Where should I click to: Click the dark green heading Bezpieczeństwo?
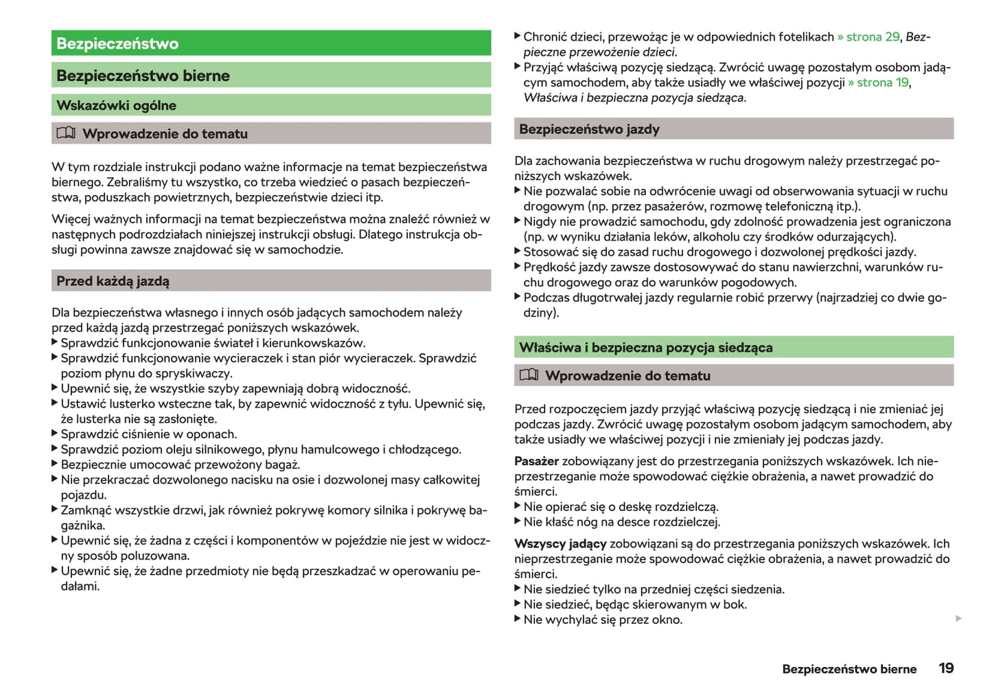[117, 43]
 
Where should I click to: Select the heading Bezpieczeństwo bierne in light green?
[143, 76]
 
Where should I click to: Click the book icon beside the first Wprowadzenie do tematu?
[66, 133]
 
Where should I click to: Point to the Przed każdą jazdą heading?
[113, 281]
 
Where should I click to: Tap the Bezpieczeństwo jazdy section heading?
[589, 129]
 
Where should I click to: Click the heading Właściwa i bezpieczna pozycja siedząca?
[645, 348]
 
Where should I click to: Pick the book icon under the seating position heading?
[529, 375]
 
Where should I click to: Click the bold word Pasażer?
[536, 461]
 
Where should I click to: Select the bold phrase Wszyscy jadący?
[560, 543]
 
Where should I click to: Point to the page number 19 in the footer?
[946, 668]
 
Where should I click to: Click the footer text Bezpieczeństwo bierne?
[849, 669]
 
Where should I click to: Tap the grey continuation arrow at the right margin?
[958, 619]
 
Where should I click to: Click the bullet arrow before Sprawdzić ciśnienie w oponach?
[55, 433]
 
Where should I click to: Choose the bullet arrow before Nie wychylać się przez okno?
[518, 619]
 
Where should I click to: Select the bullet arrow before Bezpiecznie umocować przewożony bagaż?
[55, 464]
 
